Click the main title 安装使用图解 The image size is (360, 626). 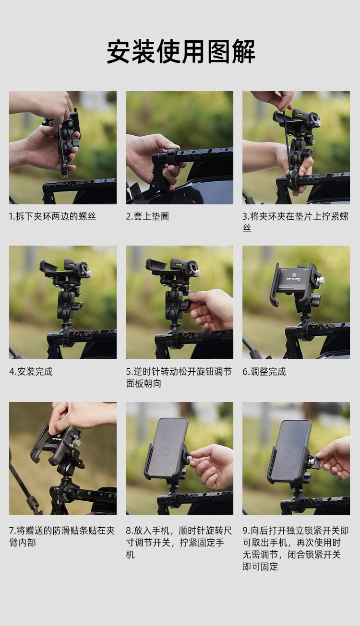click(x=180, y=51)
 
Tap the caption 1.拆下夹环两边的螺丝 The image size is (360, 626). click(x=52, y=216)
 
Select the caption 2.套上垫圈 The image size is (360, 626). click(x=147, y=216)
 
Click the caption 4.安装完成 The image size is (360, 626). click(x=31, y=372)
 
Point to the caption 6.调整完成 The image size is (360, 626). click(x=264, y=372)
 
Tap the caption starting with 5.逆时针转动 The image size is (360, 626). click(x=179, y=378)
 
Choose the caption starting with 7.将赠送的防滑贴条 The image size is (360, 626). click(x=62, y=536)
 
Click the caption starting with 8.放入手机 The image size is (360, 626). click(x=179, y=543)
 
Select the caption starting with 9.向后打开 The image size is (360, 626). click(x=296, y=548)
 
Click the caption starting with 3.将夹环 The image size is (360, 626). click(x=296, y=222)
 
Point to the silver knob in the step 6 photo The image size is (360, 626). click(x=322, y=280)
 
